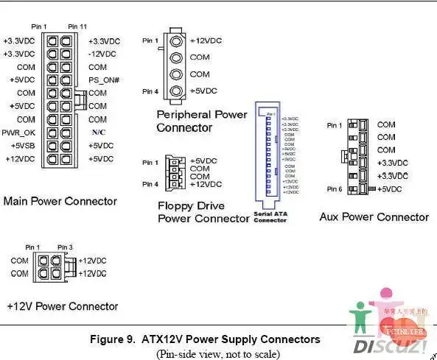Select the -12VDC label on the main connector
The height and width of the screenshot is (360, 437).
(x=102, y=54)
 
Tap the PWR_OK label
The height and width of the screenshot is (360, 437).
(x=18, y=133)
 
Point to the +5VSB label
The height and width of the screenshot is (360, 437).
(x=21, y=146)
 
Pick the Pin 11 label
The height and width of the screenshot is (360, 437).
(x=78, y=27)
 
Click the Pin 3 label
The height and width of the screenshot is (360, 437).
(x=65, y=247)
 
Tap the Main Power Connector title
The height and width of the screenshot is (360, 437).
(x=60, y=201)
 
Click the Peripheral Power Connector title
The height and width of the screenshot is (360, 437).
(x=202, y=121)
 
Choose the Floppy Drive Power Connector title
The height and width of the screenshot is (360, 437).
(x=203, y=212)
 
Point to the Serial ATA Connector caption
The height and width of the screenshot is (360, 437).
(x=270, y=217)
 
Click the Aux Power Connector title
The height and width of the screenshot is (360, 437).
(x=374, y=216)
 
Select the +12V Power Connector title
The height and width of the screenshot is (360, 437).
(x=62, y=306)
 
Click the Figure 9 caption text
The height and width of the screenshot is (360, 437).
(x=205, y=339)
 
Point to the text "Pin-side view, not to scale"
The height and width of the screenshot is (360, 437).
(x=217, y=353)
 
